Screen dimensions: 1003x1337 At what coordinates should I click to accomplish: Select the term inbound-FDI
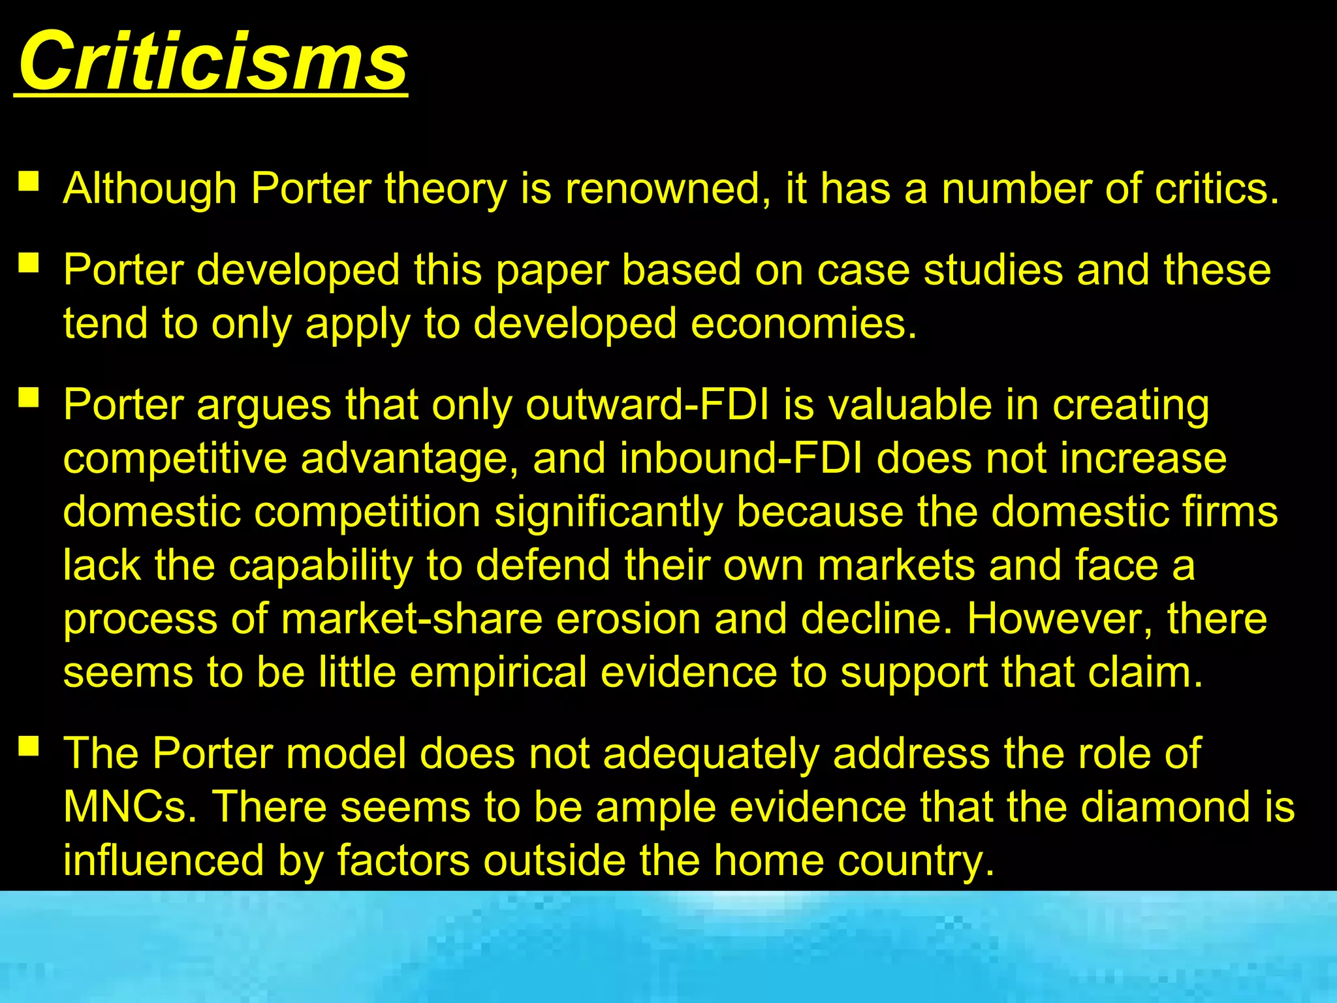click(x=741, y=458)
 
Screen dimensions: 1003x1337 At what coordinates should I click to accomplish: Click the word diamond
click(x=1163, y=806)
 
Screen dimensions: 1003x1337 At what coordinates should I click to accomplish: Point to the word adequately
click(x=711, y=753)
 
